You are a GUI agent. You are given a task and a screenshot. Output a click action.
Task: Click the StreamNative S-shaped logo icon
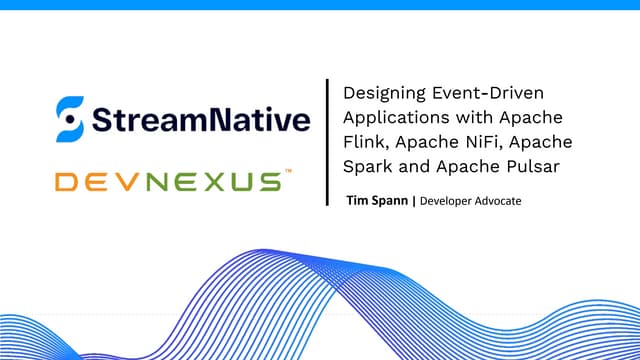(68, 120)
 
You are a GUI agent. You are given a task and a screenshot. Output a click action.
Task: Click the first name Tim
(356, 201)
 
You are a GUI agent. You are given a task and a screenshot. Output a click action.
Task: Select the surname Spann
(389, 201)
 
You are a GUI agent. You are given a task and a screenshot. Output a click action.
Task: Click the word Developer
(449, 201)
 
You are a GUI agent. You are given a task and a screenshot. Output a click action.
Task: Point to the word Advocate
(501, 201)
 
